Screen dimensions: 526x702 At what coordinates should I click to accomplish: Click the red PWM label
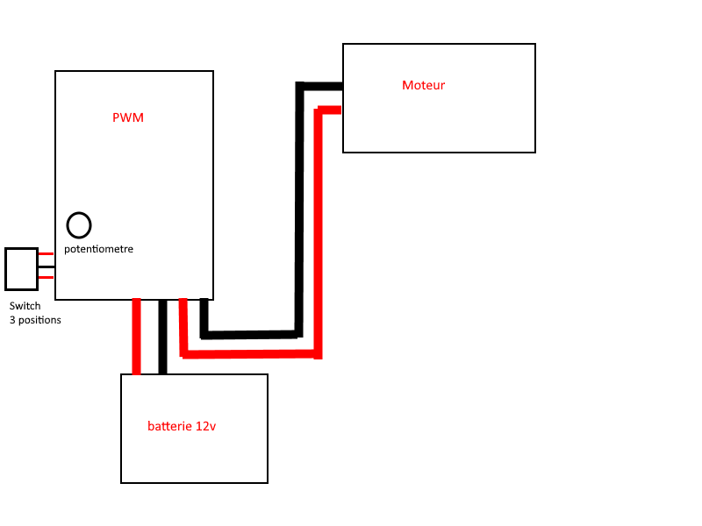tap(128, 118)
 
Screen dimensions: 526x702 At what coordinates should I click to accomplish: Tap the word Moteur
tap(423, 85)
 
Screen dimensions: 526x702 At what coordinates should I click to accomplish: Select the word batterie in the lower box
tap(167, 426)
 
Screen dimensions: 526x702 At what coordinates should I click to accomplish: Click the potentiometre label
tap(98, 249)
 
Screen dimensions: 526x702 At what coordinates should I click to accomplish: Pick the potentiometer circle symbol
tap(79, 225)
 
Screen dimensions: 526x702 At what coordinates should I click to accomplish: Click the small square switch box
tap(21, 268)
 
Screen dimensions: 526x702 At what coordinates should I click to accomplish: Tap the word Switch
tap(25, 307)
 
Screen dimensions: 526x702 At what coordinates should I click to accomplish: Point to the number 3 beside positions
tap(12, 320)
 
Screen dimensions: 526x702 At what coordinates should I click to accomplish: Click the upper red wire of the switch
tap(47, 253)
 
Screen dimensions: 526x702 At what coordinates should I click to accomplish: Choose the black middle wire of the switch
tap(47, 267)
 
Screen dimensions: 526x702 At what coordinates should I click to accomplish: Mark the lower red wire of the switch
tap(47, 278)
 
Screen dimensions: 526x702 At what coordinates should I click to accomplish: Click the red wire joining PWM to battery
tap(136, 336)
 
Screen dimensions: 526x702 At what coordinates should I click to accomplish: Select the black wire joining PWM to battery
tap(162, 336)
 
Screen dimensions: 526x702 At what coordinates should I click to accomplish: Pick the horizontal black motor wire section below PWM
tap(250, 334)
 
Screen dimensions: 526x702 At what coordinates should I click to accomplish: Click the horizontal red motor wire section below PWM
tap(250, 353)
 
